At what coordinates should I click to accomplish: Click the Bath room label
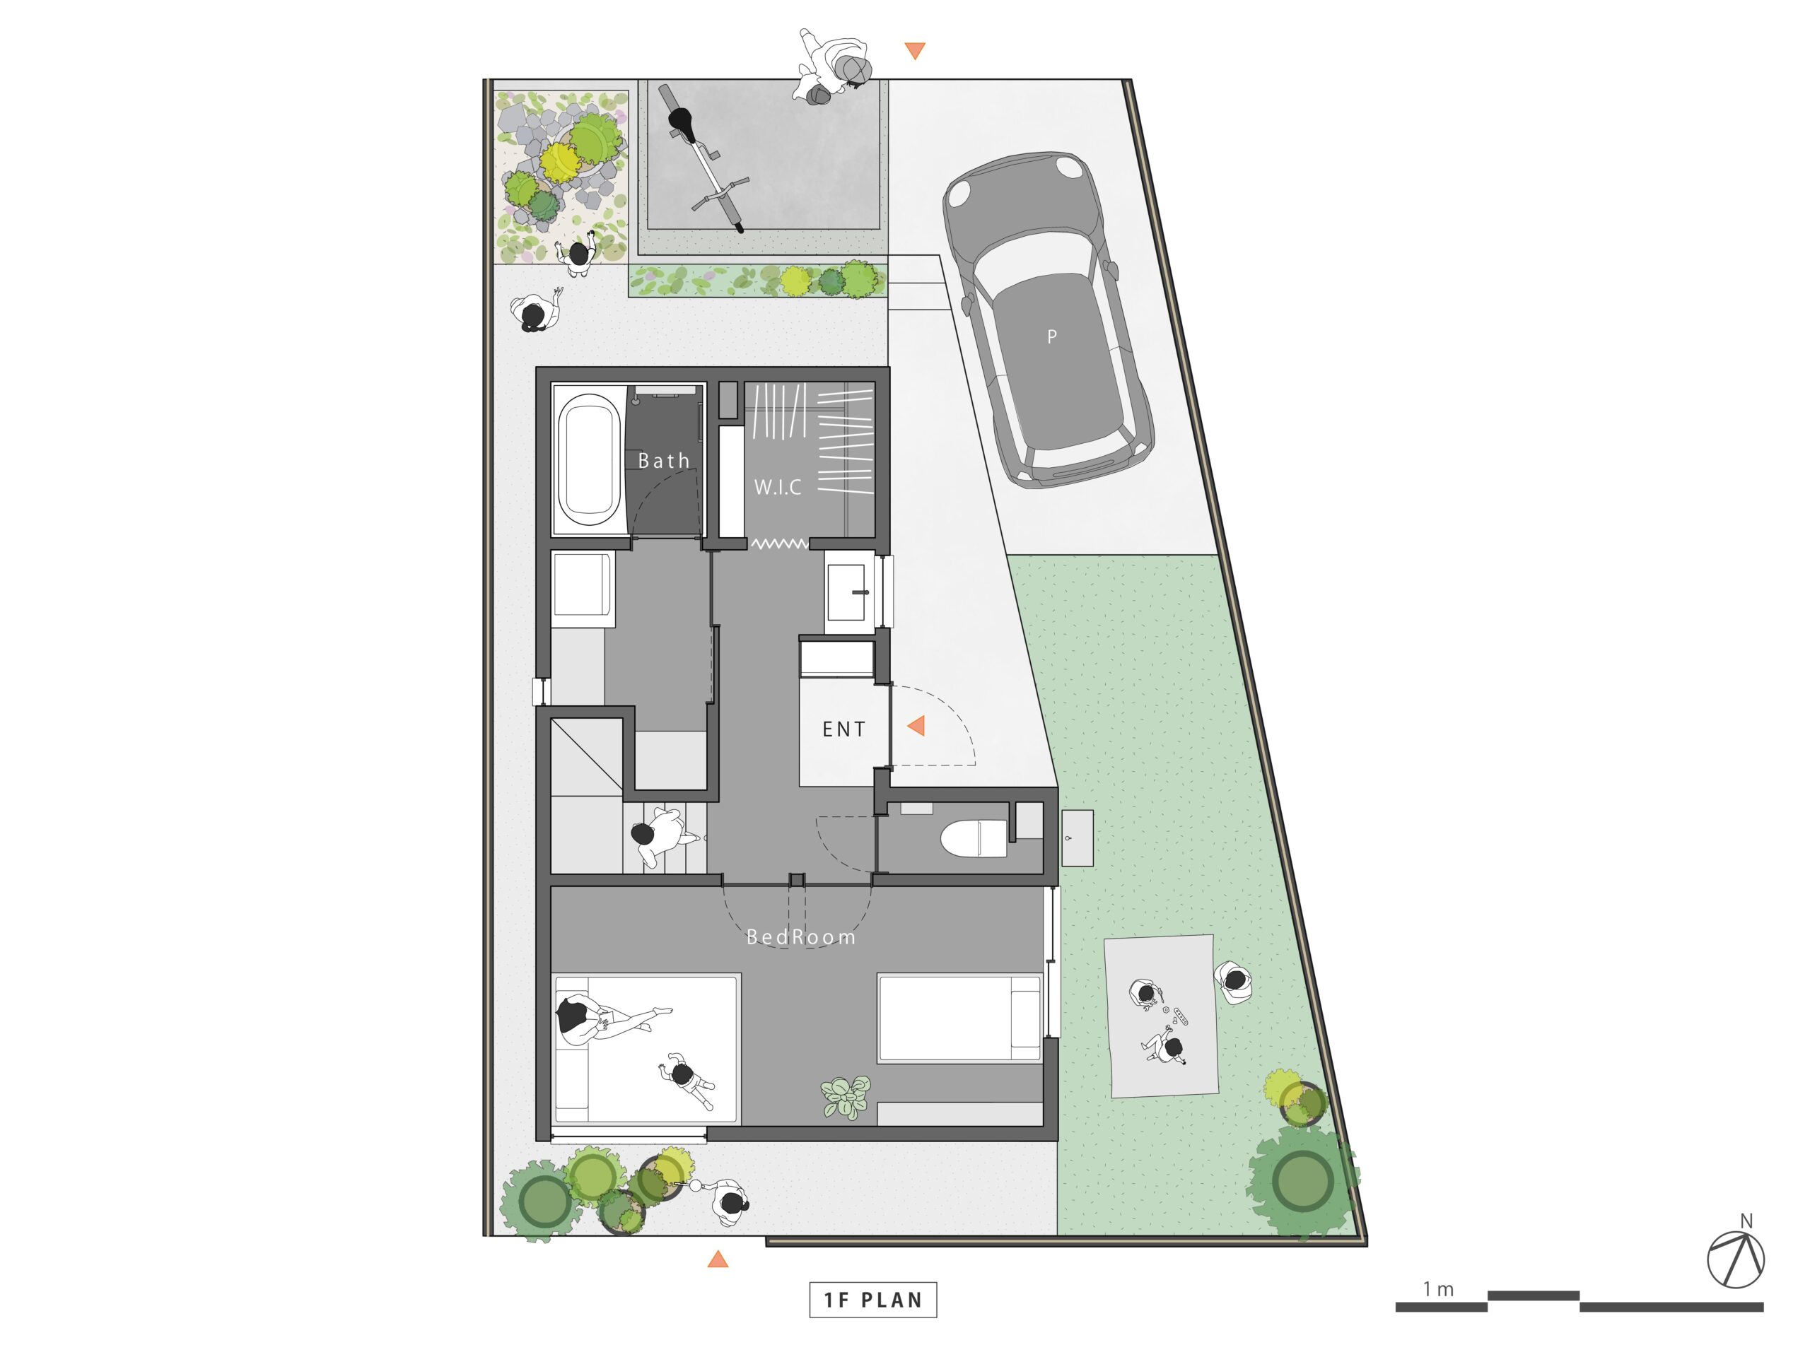(664, 461)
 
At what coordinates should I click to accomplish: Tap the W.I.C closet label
(777, 488)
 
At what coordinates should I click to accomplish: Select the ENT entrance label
(843, 729)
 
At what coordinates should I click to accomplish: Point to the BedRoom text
(801, 936)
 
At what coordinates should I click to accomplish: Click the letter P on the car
(1052, 336)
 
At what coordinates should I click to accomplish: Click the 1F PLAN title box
(873, 1300)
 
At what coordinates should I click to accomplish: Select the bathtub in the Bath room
(588, 461)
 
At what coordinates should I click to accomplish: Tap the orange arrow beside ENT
(916, 726)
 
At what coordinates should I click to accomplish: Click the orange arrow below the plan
(718, 1259)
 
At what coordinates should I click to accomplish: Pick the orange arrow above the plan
(915, 51)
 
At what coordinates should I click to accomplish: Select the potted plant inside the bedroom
(846, 1097)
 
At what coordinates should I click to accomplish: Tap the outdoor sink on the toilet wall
(1077, 838)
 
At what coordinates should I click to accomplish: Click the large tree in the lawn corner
(1302, 1181)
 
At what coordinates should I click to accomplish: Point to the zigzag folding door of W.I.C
(780, 543)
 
